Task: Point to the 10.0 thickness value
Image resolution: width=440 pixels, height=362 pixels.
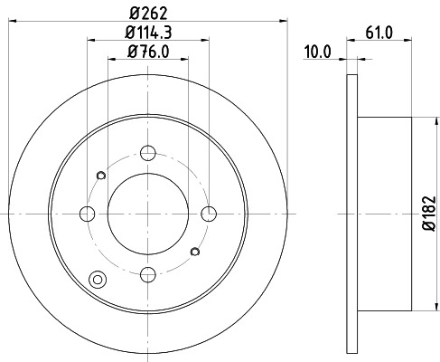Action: (x=317, y=53)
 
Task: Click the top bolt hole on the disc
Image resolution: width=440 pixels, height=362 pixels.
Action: (x=149, y=154)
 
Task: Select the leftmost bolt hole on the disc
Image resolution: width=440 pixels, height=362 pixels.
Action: (x=88, y=214)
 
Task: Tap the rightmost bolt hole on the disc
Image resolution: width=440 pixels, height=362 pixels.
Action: (x=210, y=214)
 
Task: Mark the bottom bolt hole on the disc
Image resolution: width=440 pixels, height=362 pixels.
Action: (x=149, y=274)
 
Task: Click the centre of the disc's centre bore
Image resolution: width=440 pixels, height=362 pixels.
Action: (x=149, y=214)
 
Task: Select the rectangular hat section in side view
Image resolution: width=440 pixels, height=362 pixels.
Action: (x=384, y=214)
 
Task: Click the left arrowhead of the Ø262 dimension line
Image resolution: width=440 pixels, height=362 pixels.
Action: (x=8, y=20)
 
